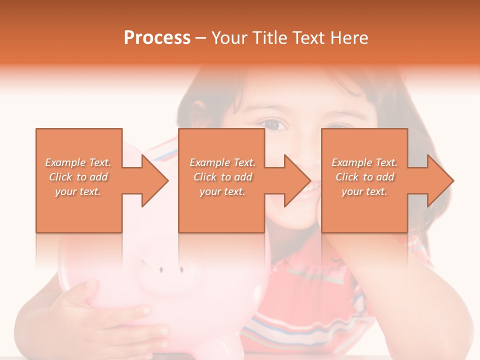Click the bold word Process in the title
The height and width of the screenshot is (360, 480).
click(157, 38)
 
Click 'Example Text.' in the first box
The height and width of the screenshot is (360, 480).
click(78, 162)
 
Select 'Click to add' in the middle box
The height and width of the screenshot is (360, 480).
click(222, 177)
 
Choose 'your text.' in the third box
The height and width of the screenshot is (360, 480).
click(364, 191)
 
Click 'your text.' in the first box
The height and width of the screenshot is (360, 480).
click(78, 191)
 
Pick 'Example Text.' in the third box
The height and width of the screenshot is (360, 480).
click(364, 162)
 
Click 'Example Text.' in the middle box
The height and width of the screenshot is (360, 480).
click(222, 162)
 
